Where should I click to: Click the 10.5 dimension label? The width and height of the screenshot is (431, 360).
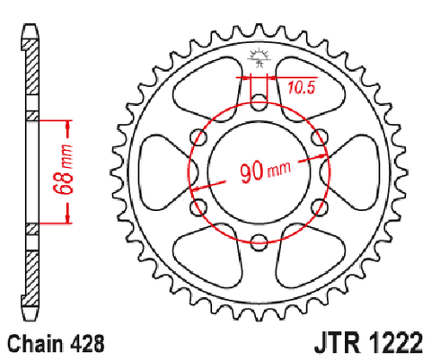[302, 88]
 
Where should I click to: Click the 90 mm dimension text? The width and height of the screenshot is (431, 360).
[265, 171]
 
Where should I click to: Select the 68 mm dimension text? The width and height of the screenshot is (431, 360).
[63, 170]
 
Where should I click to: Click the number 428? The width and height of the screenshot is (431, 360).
[88, 344]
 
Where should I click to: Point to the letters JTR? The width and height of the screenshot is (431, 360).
[337, 343]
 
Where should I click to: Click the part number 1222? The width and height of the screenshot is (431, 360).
[396, 343]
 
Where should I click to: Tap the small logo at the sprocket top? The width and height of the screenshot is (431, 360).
[259, 57]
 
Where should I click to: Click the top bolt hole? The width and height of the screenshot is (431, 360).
[259, 102]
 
